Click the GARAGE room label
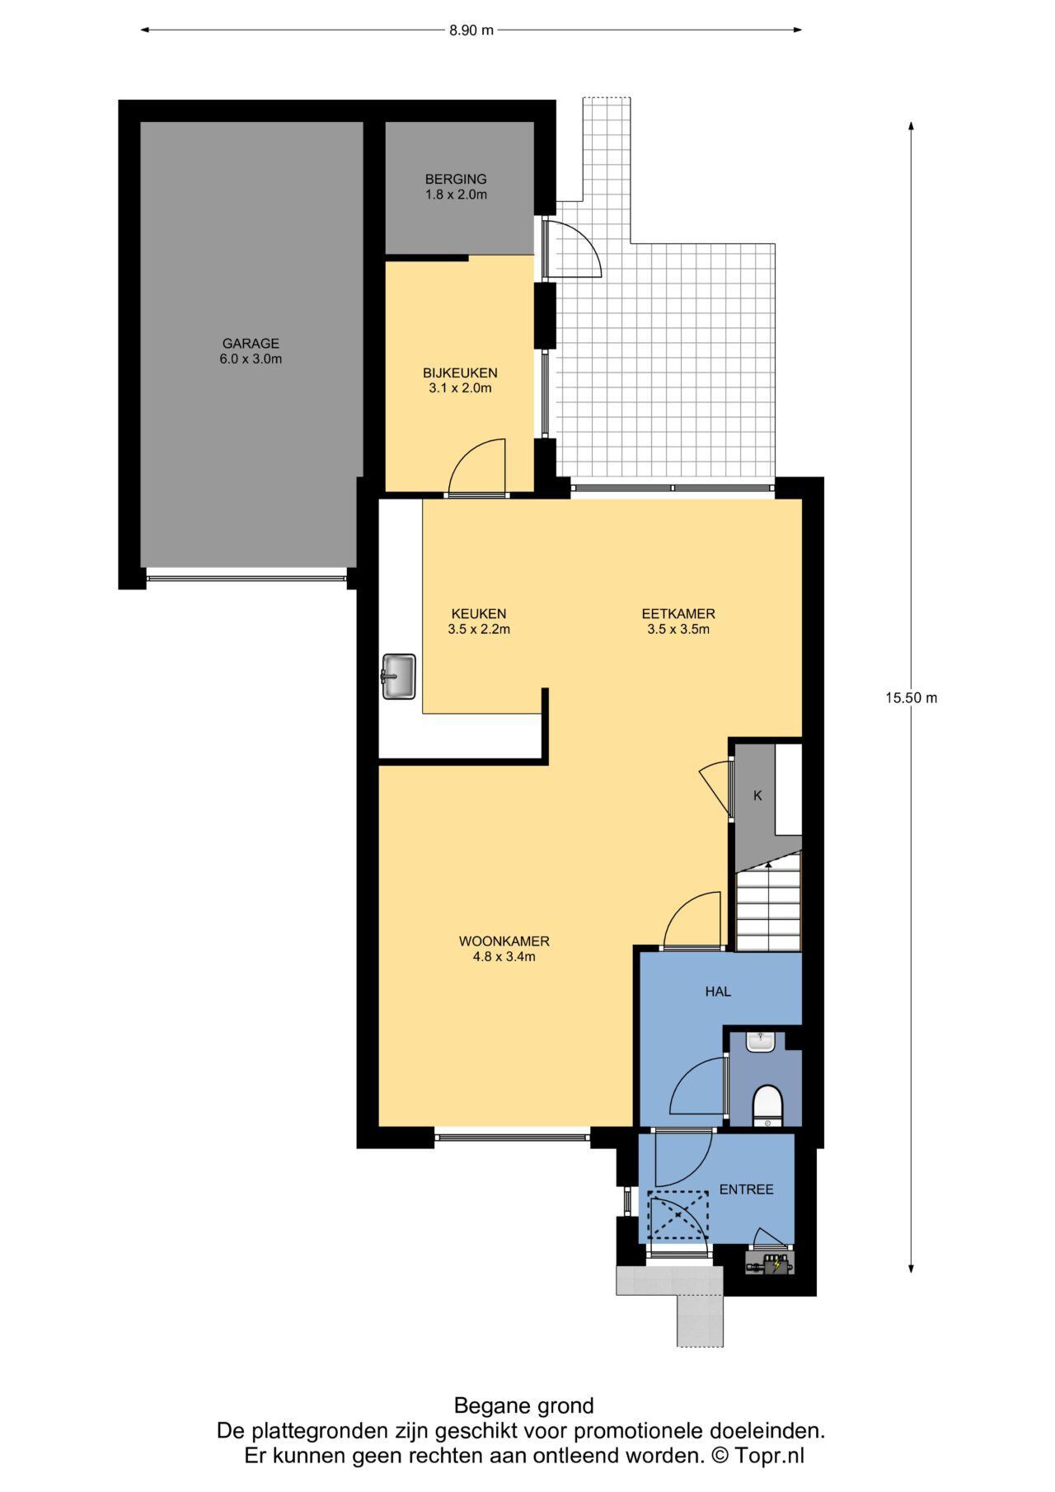coord(251,344)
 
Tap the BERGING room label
coord(456,179)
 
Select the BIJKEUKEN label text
coord(460,373)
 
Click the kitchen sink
coord(399,677)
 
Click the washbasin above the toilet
coord(761,1041)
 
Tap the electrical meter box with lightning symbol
coord(771,1263)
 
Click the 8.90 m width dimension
coord(471,30)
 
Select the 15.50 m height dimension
coord(912,698)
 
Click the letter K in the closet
coord(757,795)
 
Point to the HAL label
coord(718,992)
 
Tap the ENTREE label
coord(747,1189)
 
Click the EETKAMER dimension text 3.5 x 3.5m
coord(678,630)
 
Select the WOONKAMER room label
coord(504,941)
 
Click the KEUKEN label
coord(479,614)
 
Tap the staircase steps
coord(768,905)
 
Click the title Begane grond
coord(524,1405)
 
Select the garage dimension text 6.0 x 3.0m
coord(251,359)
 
